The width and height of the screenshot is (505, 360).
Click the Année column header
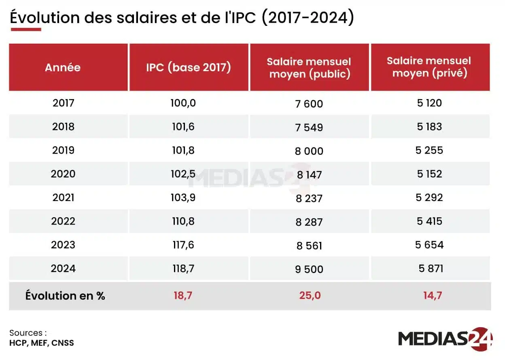63,67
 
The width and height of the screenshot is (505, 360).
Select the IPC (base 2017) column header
189,67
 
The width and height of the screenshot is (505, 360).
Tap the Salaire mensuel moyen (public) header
309,68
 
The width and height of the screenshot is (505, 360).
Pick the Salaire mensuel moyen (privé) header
429,67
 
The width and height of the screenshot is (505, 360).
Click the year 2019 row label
63,150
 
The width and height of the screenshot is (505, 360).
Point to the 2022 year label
63,221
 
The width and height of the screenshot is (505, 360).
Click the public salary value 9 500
309,269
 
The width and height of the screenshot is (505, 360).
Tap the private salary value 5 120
429,103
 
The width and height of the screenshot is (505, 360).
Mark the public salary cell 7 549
309,127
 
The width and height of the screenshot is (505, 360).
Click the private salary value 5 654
429,245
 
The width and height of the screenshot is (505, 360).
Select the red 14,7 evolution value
432,296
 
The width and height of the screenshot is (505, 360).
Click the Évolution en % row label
65,296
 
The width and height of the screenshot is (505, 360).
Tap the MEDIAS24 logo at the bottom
445,339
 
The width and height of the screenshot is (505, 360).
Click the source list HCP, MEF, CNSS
42,343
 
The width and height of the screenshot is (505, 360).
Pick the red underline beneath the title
25,30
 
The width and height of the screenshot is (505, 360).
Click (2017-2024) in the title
308,18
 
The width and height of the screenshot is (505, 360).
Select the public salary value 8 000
309,151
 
